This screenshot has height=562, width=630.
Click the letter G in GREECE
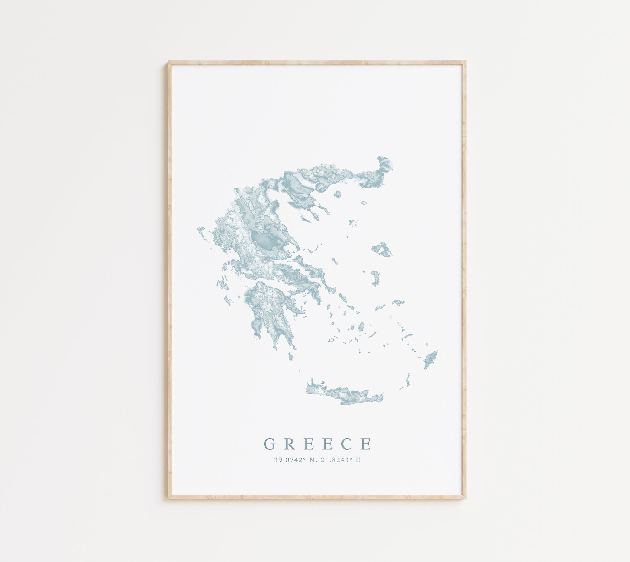click(270, 444)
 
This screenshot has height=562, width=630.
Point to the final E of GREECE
click(367, 444)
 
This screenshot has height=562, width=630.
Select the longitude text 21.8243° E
click(340, 460)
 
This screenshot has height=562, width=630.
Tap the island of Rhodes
click(431, 359)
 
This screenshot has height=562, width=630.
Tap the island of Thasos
click(337, 195)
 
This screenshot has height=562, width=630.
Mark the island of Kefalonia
click(222, 284)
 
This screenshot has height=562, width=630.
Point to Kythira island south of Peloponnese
click(291, 356)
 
